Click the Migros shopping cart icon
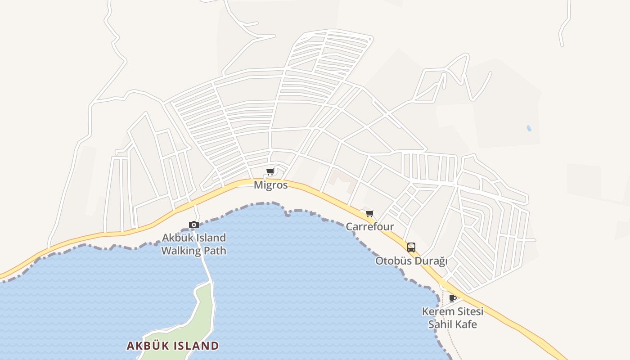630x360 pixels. (270, 171)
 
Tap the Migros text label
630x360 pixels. (270, 185)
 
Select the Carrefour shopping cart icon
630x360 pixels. (369, 213)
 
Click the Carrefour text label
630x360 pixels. (369, 227)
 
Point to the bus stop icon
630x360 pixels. (411, 247)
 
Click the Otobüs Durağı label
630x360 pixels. (411, 261)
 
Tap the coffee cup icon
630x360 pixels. (453, 298)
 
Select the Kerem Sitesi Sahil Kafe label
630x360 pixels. (452, 318)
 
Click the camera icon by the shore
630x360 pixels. (194, 225)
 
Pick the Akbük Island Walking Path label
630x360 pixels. (194, 244)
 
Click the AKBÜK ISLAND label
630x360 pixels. (172, 346)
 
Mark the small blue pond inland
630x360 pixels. (529, 128)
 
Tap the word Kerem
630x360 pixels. (435, 311)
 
